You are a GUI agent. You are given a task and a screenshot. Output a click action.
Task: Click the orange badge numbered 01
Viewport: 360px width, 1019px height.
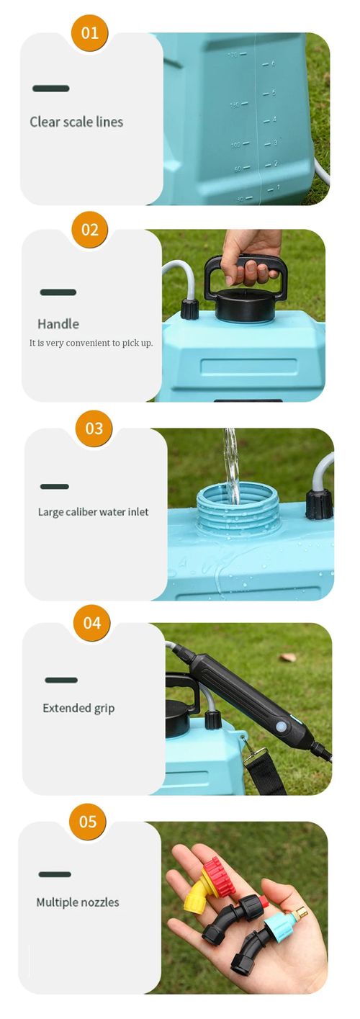90,33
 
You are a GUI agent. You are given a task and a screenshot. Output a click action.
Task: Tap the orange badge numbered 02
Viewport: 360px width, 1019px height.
90,230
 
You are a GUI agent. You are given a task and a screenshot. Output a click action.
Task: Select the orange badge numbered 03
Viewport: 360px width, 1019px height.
94,428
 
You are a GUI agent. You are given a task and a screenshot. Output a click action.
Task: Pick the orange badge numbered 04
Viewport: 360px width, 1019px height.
92,623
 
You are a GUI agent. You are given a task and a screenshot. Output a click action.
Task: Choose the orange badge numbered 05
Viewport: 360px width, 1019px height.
88,822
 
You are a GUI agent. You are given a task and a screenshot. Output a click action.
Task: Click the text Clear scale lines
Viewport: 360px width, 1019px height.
76,122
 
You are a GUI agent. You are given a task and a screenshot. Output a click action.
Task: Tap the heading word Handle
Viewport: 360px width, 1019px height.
58,324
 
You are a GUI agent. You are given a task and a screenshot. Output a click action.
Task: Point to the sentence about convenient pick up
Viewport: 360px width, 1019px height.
91,343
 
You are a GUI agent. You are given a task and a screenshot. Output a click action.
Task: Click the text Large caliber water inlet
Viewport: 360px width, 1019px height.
93,512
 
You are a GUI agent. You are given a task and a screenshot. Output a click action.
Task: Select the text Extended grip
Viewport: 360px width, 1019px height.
78,708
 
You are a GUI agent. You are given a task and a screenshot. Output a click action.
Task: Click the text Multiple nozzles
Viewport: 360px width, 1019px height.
78,902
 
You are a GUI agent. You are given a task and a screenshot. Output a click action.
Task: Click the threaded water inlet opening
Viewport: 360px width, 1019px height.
238,507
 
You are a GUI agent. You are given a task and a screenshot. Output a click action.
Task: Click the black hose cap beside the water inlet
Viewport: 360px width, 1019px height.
319,503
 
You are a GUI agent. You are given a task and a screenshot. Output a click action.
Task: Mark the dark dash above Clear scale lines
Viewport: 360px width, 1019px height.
51,89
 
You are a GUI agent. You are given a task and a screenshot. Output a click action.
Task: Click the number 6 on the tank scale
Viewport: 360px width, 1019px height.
274,63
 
